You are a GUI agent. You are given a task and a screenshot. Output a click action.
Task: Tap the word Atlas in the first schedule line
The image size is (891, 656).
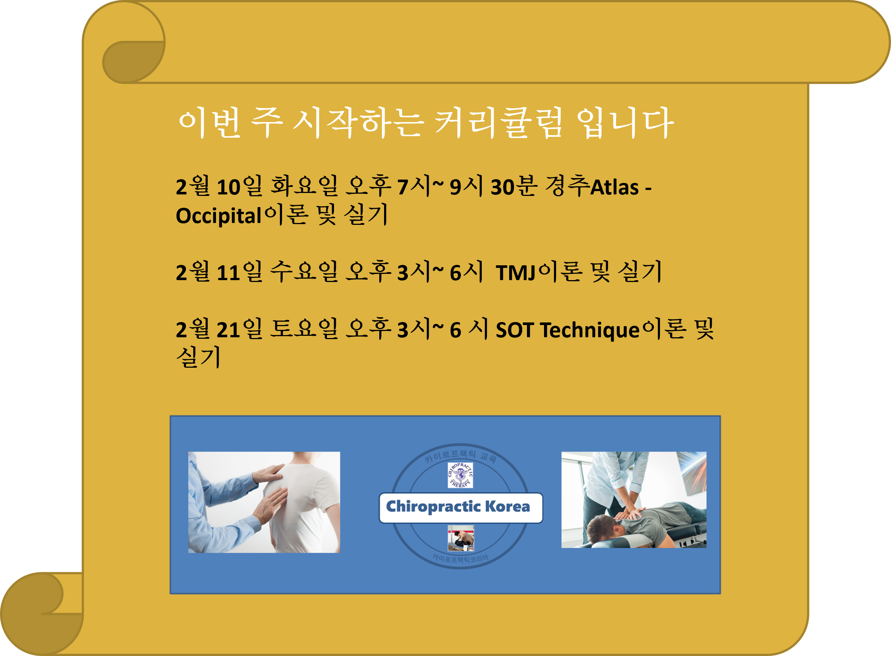[x=614, y=187]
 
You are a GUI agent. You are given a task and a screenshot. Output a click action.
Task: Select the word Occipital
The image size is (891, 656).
[x=218, y=216]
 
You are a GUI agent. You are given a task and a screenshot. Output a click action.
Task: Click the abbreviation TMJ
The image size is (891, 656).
[x=516, y=273]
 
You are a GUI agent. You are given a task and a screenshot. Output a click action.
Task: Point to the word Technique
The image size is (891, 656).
[x=590, y=330]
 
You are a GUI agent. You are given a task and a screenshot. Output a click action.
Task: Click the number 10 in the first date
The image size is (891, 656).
[x=229, y=187]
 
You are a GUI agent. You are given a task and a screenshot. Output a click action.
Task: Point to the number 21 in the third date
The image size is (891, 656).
[x=229, y=330]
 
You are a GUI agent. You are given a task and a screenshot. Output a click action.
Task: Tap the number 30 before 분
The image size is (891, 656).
[x=502, y=187]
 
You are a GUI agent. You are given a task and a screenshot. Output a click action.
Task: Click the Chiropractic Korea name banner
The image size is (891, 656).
[x=460, y=508]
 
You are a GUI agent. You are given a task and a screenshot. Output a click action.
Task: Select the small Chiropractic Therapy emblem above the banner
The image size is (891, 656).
[x=460, y=475]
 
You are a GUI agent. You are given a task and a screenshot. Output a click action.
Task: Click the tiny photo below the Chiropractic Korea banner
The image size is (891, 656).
[x=461, y=538]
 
